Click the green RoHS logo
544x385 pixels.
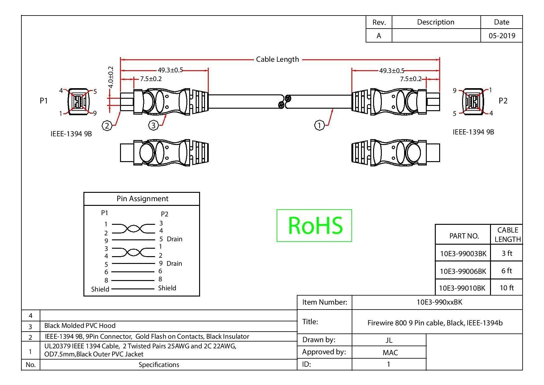[314, 225]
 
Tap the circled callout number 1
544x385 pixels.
[319, 125]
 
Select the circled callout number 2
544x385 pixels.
[107, 126]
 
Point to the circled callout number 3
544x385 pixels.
[154, 125]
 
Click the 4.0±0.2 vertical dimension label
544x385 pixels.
[111, 77]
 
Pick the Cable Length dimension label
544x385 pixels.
[278, 59]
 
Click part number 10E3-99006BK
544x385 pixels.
[463, 271]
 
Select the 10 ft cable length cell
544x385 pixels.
[507, 288]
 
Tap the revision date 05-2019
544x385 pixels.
[502, 36]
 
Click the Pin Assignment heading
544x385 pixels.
[142, 199]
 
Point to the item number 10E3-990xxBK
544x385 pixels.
[439, 302]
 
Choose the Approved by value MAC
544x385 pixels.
[390, 352]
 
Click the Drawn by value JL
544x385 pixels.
[389, 340]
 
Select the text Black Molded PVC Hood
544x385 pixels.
[80, 326]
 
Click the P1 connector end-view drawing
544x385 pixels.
[79, 101]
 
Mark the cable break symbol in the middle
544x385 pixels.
[284, 102]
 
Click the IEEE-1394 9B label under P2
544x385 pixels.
[473, 132]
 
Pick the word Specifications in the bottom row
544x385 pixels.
[159, 365]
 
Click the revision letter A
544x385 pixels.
[379, 36]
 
